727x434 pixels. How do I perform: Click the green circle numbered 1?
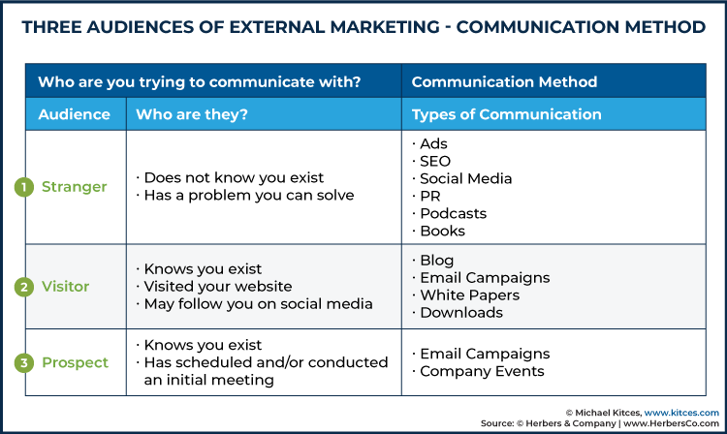tap(23, 187)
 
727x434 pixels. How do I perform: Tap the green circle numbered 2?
tap(23, 287)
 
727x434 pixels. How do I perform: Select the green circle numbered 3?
tap(23, 363)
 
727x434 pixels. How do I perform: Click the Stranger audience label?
tap(75, 187)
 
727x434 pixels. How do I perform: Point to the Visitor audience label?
tap(65, 286)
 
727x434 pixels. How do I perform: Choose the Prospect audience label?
tap(75, 362)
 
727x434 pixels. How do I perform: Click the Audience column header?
tap(75, 114)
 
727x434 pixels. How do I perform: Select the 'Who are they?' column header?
tap(192, 114)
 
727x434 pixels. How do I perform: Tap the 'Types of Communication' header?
tap(506, 114)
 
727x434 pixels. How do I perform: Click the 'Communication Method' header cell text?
tap(504, 82)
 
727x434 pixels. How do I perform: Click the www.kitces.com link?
tap(681, 413)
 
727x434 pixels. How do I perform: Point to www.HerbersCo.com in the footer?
tap(672, 423)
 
